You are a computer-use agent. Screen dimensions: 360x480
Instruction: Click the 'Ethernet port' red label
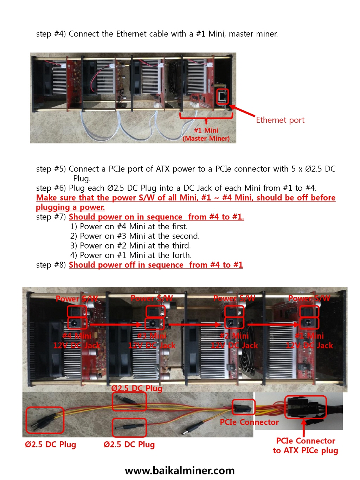coord(280,120)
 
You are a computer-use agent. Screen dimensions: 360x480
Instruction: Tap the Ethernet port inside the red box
coord(223,96)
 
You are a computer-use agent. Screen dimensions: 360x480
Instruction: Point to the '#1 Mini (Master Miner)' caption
coord(206,134)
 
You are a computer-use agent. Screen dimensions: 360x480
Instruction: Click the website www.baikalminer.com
coord(180,471)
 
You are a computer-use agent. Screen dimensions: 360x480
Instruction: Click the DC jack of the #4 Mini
coord(77,323)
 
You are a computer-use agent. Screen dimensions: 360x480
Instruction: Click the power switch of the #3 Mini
coord(155,312)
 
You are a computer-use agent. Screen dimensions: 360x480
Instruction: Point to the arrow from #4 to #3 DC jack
coord(116,325)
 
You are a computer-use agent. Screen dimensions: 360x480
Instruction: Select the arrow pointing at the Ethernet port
coord(242,111)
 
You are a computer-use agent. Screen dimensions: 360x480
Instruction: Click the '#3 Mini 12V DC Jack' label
coord(152,340)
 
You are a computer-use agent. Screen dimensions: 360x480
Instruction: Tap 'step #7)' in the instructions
coord(51,217)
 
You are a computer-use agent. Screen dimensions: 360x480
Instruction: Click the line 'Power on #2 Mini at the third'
coord(135,245)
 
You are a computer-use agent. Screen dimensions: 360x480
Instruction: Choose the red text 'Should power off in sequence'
coord(126,265)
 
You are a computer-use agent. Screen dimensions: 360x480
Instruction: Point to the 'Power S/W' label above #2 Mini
coord(234,298)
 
